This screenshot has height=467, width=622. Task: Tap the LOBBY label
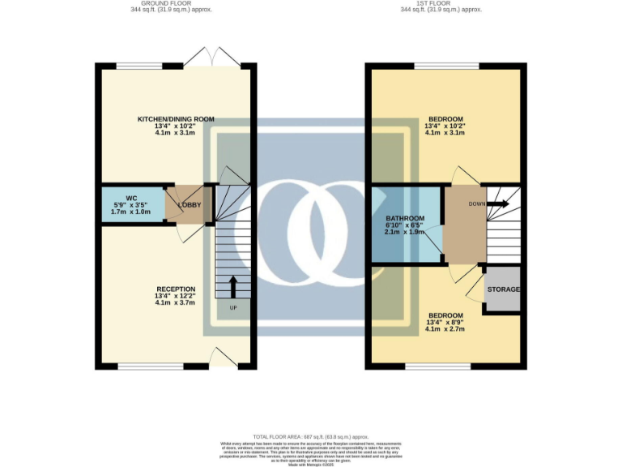coord(189,204)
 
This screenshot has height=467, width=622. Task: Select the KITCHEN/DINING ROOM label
coord(176,119)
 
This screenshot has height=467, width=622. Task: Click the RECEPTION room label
coord(176,289)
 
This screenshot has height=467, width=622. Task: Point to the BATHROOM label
coord(404,218)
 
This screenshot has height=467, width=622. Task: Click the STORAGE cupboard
coord(503,289)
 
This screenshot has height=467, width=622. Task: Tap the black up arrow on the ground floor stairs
coord(233,286)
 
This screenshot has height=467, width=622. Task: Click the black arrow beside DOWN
coord(498,204)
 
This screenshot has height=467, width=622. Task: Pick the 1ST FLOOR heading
coord(441,3)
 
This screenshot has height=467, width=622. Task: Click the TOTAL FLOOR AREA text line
coord(310,437)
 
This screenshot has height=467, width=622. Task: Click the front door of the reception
coord(221,356)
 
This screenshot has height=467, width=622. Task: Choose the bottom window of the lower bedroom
coord(438,365)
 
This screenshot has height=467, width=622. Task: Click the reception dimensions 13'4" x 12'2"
coord(176,296)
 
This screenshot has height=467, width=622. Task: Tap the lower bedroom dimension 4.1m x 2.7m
coord(445,330)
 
